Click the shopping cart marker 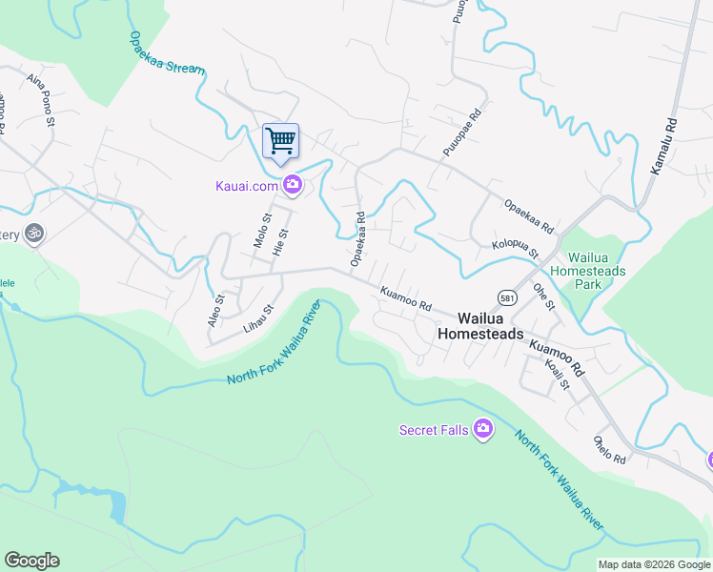(x=280, y=142)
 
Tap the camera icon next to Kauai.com (x=293, y=185)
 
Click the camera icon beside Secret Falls (x=483, y=430)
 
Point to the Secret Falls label (x=433, y=430)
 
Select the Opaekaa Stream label (x=167, y=55)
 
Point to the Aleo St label (x=216, y=311)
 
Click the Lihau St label (x=258, y=318)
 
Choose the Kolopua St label (x=516, y=249)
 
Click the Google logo (x=31, y=561)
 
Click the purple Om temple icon (x=34, y=234)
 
